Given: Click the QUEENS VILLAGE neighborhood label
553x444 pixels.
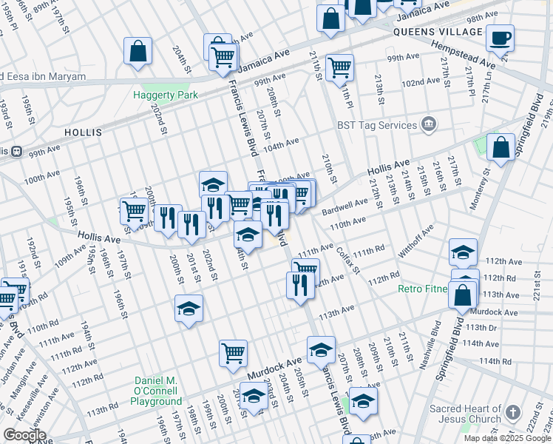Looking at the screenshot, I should coord(438,32).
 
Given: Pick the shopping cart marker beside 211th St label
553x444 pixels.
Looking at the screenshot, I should coord(339,68).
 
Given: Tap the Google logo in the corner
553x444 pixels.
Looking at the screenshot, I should coord(24,435).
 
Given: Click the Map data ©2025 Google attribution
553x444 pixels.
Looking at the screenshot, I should coord(506,438).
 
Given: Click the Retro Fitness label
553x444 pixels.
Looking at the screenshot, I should coord(423,289).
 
